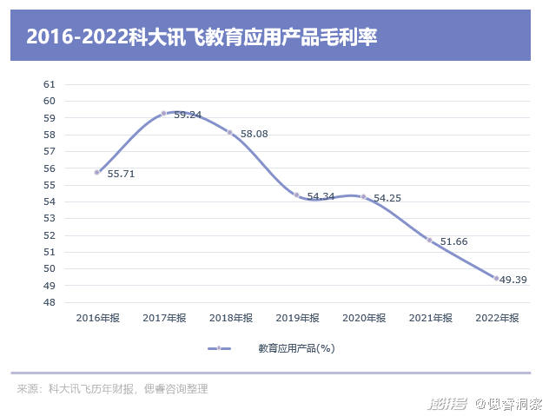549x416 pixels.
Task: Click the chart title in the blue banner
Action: click(x=202, y=36)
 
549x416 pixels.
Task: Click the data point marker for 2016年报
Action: click(x=97, y=172)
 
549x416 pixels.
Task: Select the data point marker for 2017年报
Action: click(x=163, y=113)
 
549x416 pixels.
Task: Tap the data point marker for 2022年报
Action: click(x=496, y=278)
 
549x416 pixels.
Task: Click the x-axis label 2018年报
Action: click(x=230, y=319)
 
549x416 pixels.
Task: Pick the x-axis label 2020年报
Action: click(x=363, y=319)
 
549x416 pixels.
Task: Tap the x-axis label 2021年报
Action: click(x=430, y=319)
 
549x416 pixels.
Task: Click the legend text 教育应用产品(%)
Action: click(x=296, y=348)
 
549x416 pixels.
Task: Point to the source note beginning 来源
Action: click(x=112, y=389)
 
